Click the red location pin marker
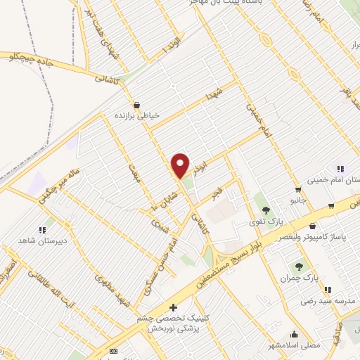[181, 166]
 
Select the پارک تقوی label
[266, 221]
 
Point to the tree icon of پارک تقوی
[266, 210]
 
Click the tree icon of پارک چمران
[300, 266]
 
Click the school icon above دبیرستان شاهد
[42, 229]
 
